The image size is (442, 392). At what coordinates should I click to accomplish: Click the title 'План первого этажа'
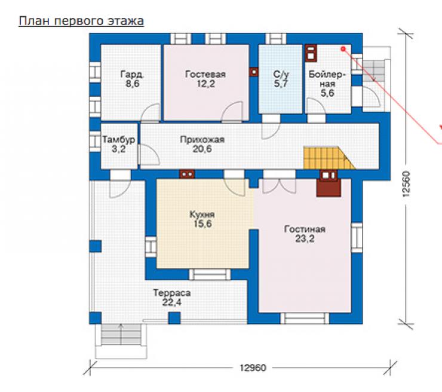point(81,22)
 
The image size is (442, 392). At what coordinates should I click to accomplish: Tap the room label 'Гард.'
point(132,74)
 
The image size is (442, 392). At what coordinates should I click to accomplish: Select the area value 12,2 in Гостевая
point(206,84)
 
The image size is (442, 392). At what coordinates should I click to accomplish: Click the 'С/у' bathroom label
point(281,74)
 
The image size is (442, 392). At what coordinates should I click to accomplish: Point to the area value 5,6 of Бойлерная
point(327,93)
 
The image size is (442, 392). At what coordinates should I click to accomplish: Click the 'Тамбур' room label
point(119,139)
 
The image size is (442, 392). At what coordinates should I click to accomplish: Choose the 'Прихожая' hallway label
point(202,139)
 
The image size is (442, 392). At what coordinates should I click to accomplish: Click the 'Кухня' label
point(202,215)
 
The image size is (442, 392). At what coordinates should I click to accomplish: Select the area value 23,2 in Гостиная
point(305,239)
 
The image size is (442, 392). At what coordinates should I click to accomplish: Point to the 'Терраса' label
point(171,293)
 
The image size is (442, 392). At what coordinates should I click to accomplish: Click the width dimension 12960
point(253,367)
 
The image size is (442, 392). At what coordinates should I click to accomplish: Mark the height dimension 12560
point(406,183)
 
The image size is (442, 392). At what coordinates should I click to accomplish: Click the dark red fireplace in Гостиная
point(329,183)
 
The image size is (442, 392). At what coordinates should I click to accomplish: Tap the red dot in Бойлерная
point(343,49)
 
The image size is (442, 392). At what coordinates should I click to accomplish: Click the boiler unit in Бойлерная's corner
point(311,53)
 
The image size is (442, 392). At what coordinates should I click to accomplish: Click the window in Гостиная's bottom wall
point(305,318)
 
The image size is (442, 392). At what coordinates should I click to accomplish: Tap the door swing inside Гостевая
point(232,112)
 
